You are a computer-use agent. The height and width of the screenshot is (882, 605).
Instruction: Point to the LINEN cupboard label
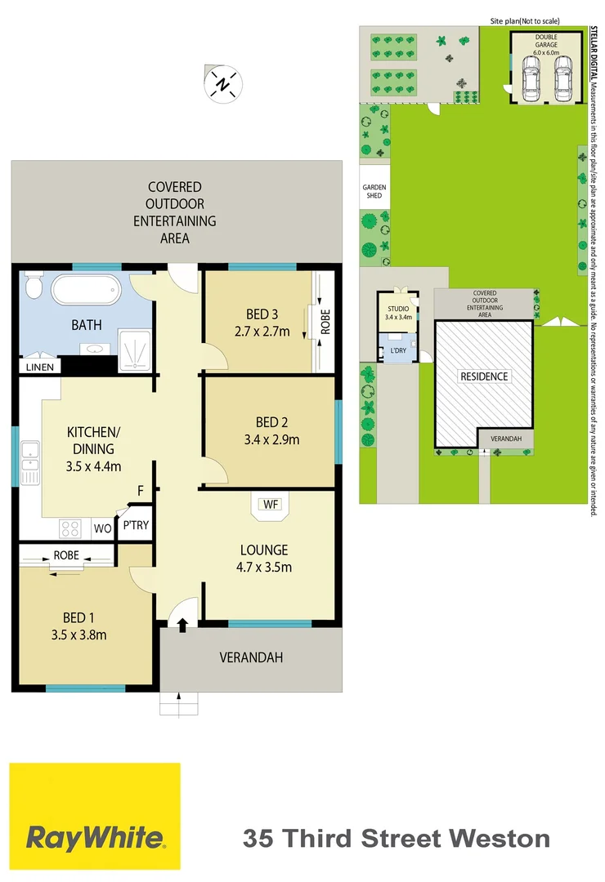[39, 367]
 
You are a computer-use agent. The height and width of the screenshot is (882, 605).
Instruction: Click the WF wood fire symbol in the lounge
[271, 505]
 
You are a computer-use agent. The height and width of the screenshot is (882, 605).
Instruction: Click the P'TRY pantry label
[136, 525]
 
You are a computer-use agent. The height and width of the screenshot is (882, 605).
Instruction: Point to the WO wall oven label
[103, 528]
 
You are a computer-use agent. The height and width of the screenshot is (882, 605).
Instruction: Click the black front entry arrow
[182, 625]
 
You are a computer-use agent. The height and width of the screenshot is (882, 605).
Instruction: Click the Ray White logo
[95, 817]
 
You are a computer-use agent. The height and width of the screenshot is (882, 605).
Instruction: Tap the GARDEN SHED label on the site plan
[374, 192]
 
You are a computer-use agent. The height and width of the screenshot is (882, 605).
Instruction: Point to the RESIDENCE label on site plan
[483, 376]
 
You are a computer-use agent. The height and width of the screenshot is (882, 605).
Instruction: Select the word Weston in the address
[501, 838]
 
